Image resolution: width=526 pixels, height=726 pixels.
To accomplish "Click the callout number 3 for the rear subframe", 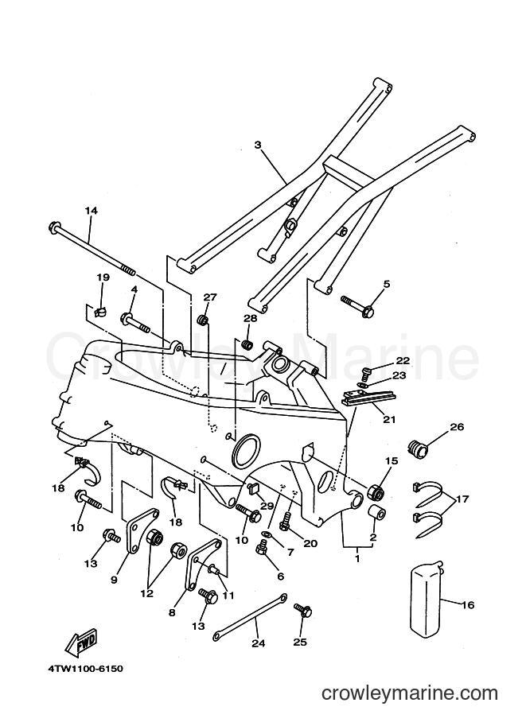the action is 258,146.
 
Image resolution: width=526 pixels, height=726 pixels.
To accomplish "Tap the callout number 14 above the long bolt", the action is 92,211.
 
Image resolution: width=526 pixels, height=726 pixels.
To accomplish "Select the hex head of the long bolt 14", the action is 53,227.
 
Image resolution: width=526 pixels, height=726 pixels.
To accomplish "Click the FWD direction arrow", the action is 81,643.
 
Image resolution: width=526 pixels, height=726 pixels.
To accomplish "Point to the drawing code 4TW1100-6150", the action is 84,669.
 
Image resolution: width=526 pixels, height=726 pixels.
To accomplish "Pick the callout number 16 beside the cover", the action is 468,604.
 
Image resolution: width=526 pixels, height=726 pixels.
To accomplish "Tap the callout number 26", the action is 457,427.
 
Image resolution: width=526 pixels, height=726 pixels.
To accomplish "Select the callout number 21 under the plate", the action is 389,420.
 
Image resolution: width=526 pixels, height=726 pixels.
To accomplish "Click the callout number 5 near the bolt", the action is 387,284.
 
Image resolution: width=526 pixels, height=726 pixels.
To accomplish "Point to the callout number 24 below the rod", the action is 258,643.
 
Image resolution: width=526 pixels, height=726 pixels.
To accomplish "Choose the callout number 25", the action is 300,643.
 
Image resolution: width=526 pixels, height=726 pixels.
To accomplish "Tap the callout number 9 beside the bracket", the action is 115,579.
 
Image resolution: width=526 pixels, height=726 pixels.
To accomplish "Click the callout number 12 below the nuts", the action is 147,593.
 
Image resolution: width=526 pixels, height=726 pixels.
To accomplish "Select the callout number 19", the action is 103,278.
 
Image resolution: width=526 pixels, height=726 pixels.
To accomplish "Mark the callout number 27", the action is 210,297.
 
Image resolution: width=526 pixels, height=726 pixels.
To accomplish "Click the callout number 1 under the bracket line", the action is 357,558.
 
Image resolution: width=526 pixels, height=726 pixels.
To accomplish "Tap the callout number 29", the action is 267,506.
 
